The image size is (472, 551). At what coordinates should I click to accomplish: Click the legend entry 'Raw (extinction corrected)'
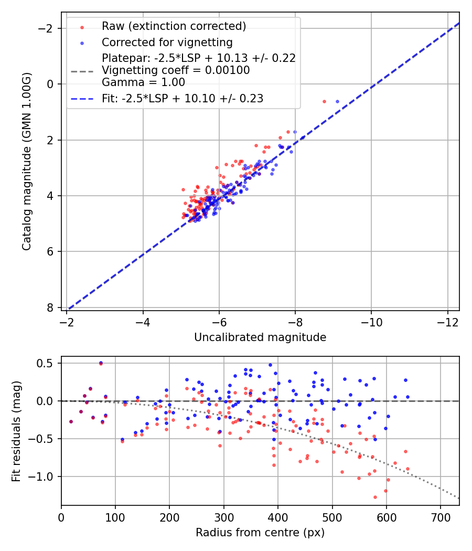pyautogui.click(x=174, y=26)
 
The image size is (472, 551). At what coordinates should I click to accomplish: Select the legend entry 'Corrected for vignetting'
pyautogui.click(x=167, y=42)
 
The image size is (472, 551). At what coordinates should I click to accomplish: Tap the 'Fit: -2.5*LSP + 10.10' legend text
pyautogui.click(x=183, y=98)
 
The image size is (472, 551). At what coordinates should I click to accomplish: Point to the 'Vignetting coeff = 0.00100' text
pyautogui.click(x=176, y=70)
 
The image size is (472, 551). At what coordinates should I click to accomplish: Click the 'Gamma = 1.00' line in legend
pyautogui.click(x=143, y=82)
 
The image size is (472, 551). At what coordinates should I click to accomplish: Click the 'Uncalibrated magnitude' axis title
pyautogui.click(x=260, y=337)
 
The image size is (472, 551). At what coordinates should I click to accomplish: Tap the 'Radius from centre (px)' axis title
pyautogui.click(x=260, y=533)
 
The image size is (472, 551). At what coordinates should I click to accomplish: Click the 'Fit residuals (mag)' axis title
pyautogui.click(x=16, y=431)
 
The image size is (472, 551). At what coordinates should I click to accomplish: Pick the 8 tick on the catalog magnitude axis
pyautogui.click(x=51, y=308)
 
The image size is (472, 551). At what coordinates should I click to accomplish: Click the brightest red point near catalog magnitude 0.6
pyautogui.click(x=324, y=101)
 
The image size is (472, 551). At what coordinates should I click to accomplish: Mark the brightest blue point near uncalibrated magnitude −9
pyautogui.click(x=337, y=101)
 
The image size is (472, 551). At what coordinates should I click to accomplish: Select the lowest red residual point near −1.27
pyautogui.click(x=375, y=497)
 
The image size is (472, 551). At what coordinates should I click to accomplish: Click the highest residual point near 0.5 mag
pyautogui.click(x=101, y=363)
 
